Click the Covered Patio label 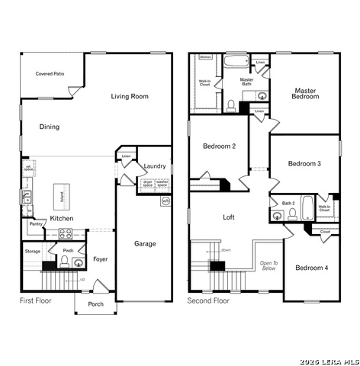(50, 74)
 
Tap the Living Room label (130, 96)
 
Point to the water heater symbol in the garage (166, 201)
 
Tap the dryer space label (147, 183)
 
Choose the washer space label (162, 183)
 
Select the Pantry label (36, 224)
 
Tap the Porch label (95, 304)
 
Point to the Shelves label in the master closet (205, 57)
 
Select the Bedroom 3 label (304, 164)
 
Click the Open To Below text (268, 265)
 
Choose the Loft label (229, 217)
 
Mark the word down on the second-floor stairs (226, 250)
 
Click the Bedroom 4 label (311, 268)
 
